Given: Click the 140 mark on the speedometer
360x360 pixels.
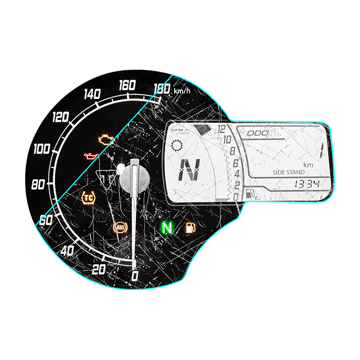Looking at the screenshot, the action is click(92, 94).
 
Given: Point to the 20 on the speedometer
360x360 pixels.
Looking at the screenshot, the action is click(98, 270).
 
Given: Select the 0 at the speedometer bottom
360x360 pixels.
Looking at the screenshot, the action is click(134, 276).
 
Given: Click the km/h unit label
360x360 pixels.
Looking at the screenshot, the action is click(182, 92).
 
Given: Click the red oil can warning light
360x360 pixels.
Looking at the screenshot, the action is click(91, 157).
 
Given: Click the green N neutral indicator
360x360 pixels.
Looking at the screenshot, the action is click(167, 228).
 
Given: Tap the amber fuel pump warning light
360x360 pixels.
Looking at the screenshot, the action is click(190, 227).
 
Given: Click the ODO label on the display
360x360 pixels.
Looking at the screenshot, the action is click(258, 133).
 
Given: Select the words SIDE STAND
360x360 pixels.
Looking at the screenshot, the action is click(288, 172).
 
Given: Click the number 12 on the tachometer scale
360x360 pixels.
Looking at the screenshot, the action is click(221, 130).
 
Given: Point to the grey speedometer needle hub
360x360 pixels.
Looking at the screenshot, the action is click(133, 176).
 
